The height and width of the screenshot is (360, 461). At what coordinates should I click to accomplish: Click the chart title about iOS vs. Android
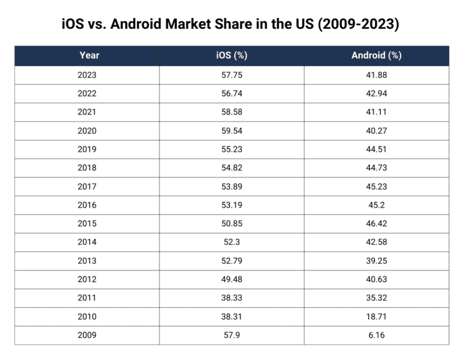(x=230, y=25)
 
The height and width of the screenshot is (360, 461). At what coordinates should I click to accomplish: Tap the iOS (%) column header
(x=232, y=56)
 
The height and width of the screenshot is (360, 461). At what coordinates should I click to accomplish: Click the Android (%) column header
(x=376, y=56)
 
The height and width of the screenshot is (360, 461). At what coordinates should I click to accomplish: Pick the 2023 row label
(x=87, y=75)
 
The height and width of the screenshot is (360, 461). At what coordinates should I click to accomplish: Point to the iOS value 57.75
(x=232, y=75)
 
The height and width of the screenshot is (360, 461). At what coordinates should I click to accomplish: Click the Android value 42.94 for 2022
(x=376, y=94)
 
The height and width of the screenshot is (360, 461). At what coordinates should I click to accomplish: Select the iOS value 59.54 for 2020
(x=232, y=131)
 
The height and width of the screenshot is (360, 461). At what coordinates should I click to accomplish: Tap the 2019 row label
(x=87, y=149)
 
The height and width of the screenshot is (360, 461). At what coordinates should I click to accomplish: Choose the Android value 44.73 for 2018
(x=376, y=168)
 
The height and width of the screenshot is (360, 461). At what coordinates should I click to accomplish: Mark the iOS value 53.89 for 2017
(x=232, y=187)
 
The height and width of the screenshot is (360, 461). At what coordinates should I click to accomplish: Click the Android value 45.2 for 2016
(x=376, y=205)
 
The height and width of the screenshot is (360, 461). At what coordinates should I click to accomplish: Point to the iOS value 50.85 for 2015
(x=232, y=224)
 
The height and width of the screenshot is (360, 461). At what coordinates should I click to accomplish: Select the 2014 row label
(x=87, y=242)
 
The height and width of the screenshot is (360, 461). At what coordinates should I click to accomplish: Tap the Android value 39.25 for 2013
(x=376, y=261)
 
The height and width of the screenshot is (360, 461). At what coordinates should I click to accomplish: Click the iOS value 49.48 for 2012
(x=232, y=280)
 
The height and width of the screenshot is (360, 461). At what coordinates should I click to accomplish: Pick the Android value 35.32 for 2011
(x=376, y=298)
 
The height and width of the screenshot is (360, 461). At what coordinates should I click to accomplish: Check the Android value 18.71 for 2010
(x=376, y=317)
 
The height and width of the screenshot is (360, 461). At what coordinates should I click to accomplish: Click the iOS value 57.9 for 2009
(x=232, y=335)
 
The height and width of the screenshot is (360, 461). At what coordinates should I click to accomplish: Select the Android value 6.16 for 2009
(x=376, y=335)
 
